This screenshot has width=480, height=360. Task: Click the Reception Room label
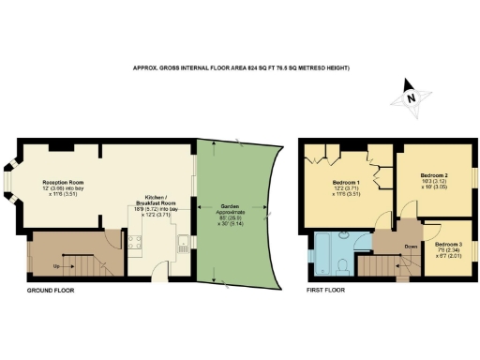(x=60, y=177)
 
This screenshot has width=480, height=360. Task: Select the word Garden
(x=229, y=205)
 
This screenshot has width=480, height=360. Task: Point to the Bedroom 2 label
(x=433, y=175)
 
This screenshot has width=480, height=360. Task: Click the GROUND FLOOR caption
(x=50, y=291)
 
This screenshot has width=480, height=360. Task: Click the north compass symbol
(x=409, y=95)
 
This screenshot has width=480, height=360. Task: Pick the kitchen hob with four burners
(x=134, y=247)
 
